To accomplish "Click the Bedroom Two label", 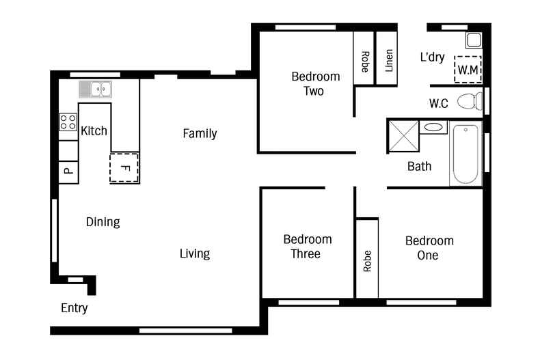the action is click(316, 83).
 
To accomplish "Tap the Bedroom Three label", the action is click(307, 247).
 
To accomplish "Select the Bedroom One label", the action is click(429, 248).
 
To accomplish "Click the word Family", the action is click(200, 133).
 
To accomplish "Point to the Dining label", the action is click(103, 222).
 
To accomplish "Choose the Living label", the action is click(195, 253).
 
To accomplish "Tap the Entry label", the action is click(74, 308).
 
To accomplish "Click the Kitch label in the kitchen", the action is click(94, 130).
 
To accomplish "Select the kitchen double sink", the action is click(96, 89).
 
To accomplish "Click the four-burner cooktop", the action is click(68, 122).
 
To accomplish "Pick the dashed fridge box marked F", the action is click(124, 168).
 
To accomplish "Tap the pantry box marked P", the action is click(68, 171).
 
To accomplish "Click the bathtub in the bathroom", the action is click(465, 154).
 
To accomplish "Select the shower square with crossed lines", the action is click(403, 137).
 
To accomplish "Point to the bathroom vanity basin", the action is click(433, 127).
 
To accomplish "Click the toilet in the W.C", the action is click(470, 101).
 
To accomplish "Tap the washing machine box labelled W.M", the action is click(468, 70).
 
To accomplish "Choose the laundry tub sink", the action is click(474, 40).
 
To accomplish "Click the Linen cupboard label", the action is click(389, 61).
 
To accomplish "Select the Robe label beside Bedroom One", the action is click(368, 261).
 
